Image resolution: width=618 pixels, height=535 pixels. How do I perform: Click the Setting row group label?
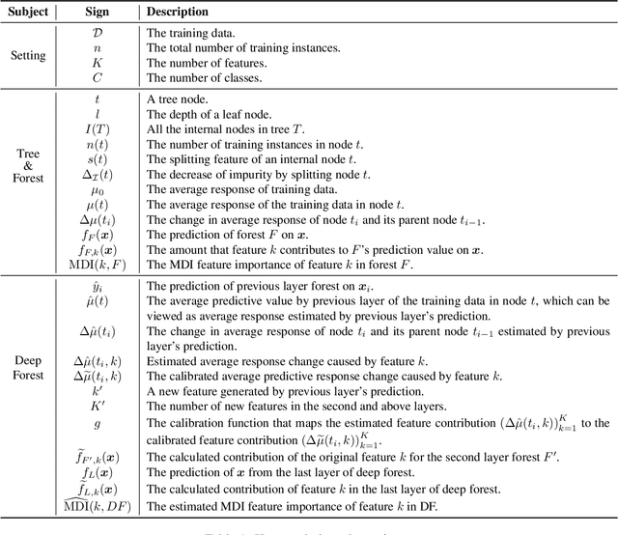27,55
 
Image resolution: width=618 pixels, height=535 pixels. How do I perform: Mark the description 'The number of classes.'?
204,77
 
